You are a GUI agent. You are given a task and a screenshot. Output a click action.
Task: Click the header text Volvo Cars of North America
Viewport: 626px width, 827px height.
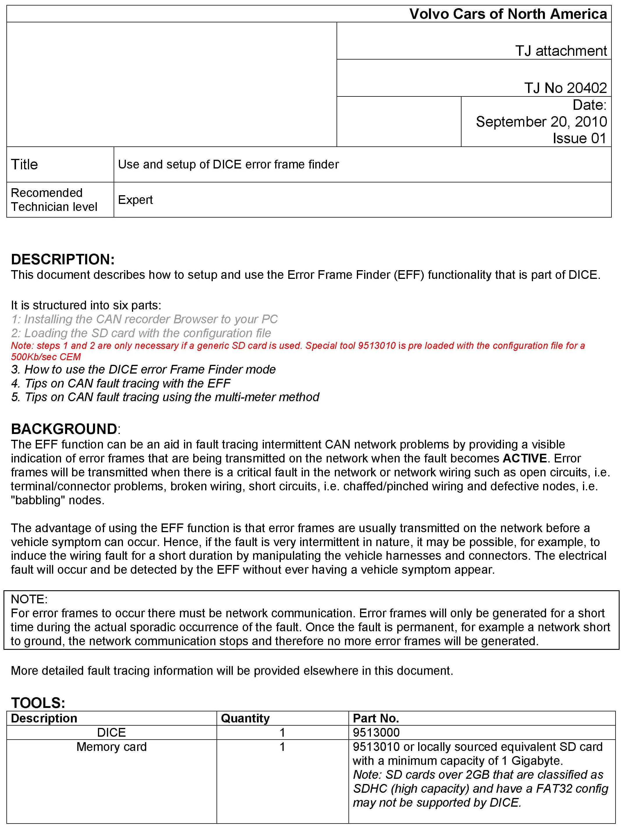click(508, 14)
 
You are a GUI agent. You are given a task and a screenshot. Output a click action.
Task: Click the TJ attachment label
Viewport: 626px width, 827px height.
click(561, 51)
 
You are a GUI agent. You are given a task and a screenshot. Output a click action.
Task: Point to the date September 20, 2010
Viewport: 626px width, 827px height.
click(541, 121)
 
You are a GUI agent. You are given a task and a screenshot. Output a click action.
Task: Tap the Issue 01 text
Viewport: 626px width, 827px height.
click(579, 138)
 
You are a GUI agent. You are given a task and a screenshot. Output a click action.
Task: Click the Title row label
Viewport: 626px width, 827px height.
click(25, 164)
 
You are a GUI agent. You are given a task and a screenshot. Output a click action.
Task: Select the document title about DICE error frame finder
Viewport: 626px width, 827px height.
click(228, 164)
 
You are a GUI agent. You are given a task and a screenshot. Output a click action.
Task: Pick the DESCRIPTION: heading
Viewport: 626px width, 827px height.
click(63, 259)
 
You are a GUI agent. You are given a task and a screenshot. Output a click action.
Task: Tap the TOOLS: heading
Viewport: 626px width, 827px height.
click(38, 703)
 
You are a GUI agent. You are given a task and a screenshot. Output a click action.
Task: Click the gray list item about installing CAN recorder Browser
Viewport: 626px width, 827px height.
click(144, 319)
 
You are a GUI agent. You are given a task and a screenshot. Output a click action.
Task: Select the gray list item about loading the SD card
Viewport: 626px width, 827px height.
click(141, 333)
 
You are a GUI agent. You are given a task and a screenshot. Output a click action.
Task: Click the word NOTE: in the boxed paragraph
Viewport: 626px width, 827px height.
click(29, 599)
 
